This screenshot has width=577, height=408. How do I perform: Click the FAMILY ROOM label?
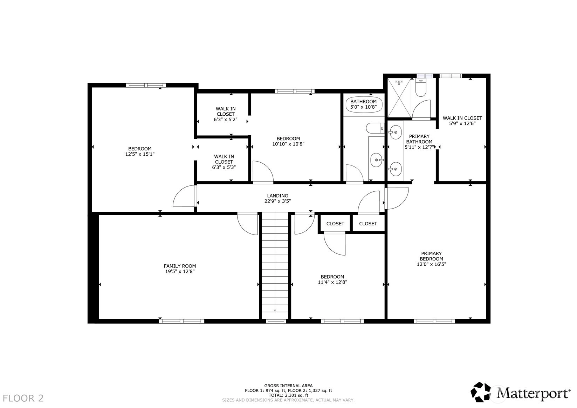pyautogui.click(x=180, y=266)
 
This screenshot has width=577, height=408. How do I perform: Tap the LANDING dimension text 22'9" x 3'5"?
pyautogui.click(x=277, y=201)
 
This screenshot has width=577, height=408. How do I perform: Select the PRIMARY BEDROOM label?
pyautogui.click(x=431, y=256)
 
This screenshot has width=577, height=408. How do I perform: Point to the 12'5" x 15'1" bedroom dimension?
pyautogui.click(x=140, y=154)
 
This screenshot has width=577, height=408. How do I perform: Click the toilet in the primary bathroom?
pyautogui.click(x=421, y=87)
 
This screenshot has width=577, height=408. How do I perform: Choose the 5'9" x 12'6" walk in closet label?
pyautogui.click(x=462, y=121)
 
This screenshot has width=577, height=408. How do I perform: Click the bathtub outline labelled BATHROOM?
pyautogui.click(x=363, y=104)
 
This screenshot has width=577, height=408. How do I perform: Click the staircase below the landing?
pyautogui.click(x=275, y=265)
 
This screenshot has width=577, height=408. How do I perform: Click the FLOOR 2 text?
pyautogui.click(x=23, y=398)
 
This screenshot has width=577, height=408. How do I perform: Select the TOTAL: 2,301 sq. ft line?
pyautogui.click(x=288, y=395)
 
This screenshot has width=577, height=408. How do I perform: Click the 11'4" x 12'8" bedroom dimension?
pyautogui.click(x=332, y=282)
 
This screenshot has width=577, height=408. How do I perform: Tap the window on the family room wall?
pyautogui.click(x=181, y=321)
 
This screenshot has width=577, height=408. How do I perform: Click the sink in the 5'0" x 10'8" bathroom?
pyautogui.click(x=377, y=160)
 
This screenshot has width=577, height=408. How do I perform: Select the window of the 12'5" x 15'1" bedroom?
pyautogui.click(x=146, y=85)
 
